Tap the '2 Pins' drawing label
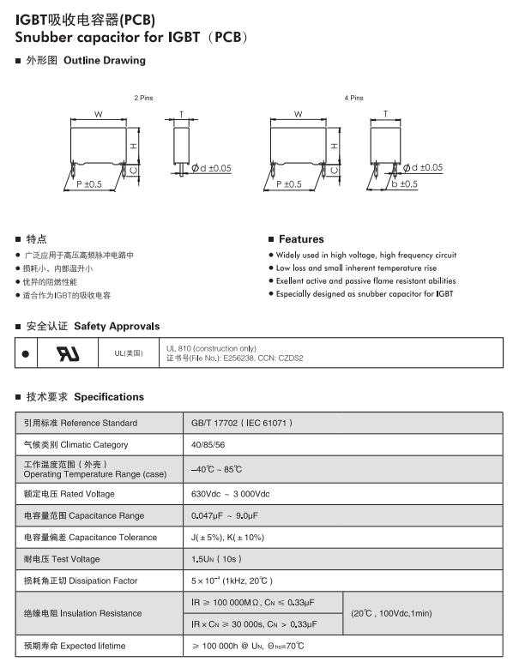click(x=143, y=99)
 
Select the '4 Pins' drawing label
click(x=353, y=99)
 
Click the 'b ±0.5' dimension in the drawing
click(x=403, y=184)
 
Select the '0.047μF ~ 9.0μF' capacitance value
click(x=224, y=515)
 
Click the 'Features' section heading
click(x=301, y=239)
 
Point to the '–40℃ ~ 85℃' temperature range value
click(x=217, y=470)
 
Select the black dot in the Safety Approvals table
click(x=26, y=353)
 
